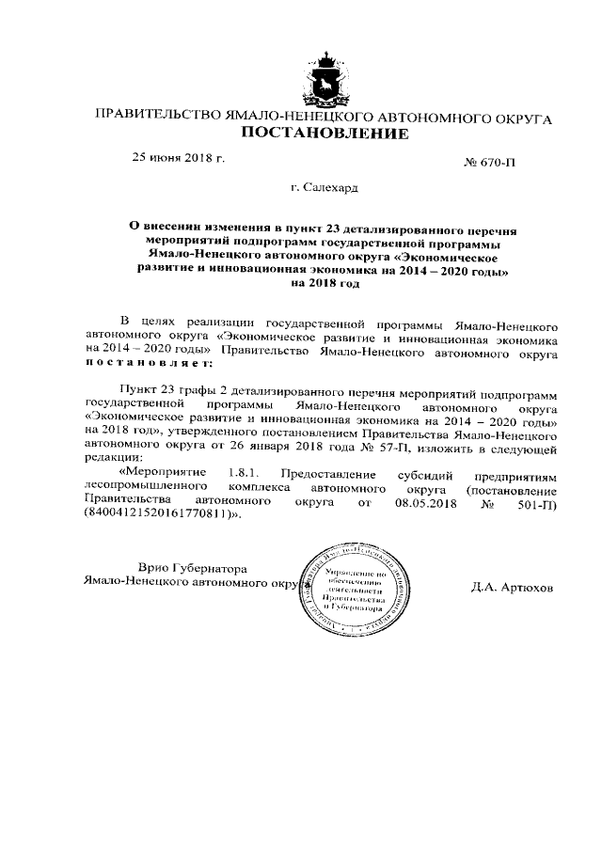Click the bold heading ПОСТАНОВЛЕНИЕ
coord(325,134)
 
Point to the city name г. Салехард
coord(325,189)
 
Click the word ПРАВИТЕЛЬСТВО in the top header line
coord(154,118)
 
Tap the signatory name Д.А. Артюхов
coord(513,587)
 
